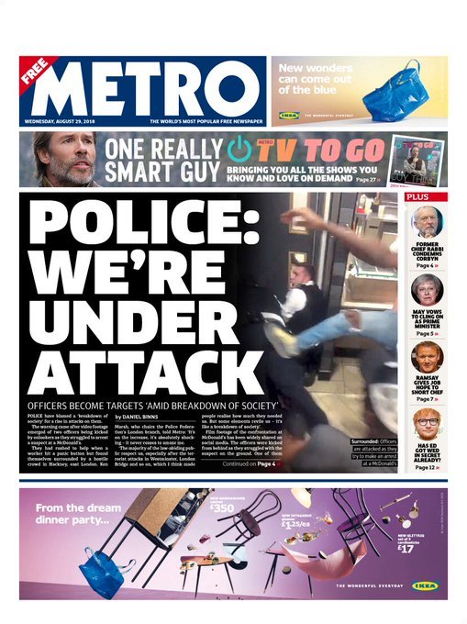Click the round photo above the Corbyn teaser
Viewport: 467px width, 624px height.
pos(427,221)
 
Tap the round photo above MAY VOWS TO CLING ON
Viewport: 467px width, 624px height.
pos(427,290)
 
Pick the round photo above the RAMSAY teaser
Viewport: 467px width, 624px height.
pos(427,357)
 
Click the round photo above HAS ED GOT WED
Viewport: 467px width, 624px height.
pos(427,423)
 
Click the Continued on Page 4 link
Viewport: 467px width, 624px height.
pos(249,463)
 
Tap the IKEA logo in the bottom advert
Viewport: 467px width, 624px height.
pos(425,585)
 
